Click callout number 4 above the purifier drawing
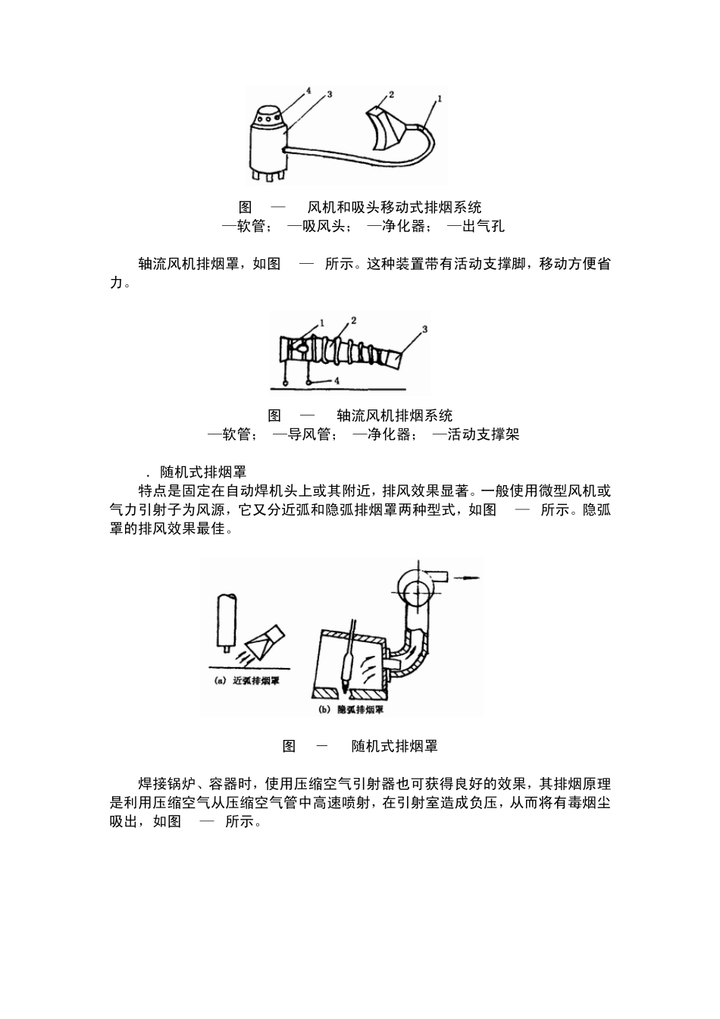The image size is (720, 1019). point(308,90)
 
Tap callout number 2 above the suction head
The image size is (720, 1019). point(391,95)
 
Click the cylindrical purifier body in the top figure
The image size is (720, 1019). point(268,149)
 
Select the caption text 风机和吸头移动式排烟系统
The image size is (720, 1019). point(394,207)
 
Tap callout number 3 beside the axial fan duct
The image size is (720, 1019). point(424,329)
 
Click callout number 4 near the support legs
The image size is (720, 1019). point(337,380)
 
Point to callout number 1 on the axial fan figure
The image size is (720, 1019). point(322,322)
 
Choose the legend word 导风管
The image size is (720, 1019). point(310,434)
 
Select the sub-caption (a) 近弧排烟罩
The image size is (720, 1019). point(247,680)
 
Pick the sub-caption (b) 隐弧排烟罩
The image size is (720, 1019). point(351,710)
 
